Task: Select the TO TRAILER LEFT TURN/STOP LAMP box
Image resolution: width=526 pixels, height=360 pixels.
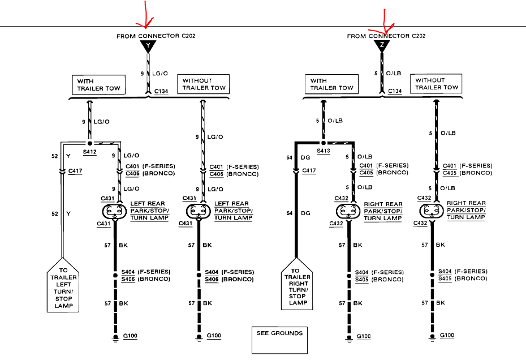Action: (63, 286)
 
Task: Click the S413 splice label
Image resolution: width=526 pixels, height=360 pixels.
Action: (324, 152)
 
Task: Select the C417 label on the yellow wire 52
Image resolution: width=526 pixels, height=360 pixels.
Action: (75, 170)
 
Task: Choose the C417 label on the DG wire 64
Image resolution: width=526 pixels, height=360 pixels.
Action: (309, 170)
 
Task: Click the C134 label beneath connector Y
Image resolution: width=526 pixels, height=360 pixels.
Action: (161, 92)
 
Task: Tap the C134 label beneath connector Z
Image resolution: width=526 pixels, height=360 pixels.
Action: (395, 92)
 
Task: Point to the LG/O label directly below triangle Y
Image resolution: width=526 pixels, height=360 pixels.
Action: (161, 74)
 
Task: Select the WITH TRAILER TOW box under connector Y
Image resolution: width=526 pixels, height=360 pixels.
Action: (97, 85)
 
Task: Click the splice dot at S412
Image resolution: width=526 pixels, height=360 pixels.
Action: (89, 143)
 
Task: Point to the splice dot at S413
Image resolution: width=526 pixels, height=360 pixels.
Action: (324, 143)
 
